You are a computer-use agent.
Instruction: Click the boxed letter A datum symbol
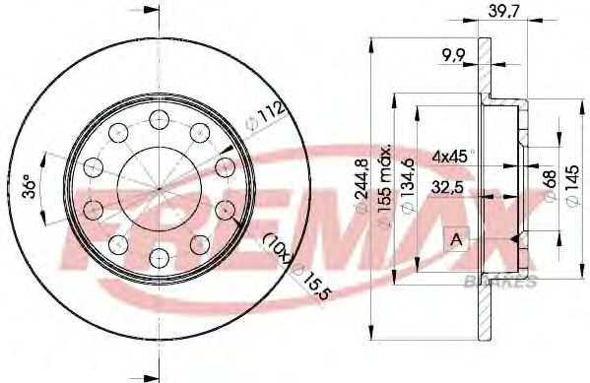(456, 238)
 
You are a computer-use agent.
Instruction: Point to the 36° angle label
(31, 186)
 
